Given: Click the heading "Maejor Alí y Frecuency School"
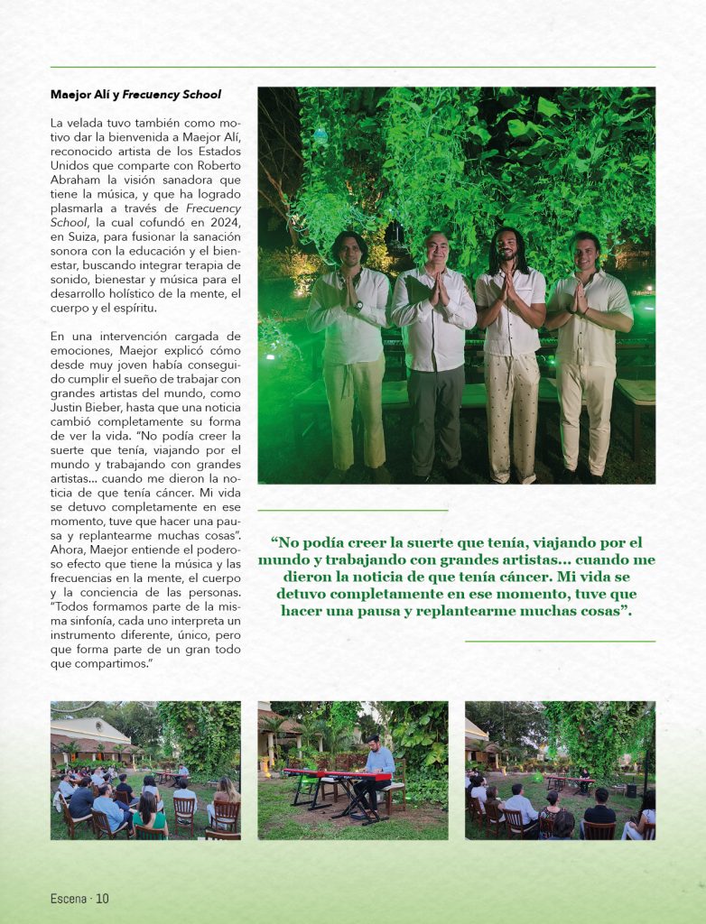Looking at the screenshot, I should (135, 95).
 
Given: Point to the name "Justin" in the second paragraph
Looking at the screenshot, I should (70, 406).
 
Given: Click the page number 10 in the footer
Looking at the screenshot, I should (102, 898).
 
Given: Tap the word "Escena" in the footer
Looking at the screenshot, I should (70, 898).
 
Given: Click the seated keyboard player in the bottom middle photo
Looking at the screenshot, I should (378, 772).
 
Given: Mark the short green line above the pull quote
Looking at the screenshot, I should (352, 511).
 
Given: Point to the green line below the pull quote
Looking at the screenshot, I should (560, 642).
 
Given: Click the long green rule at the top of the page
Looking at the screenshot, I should (352, 67).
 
